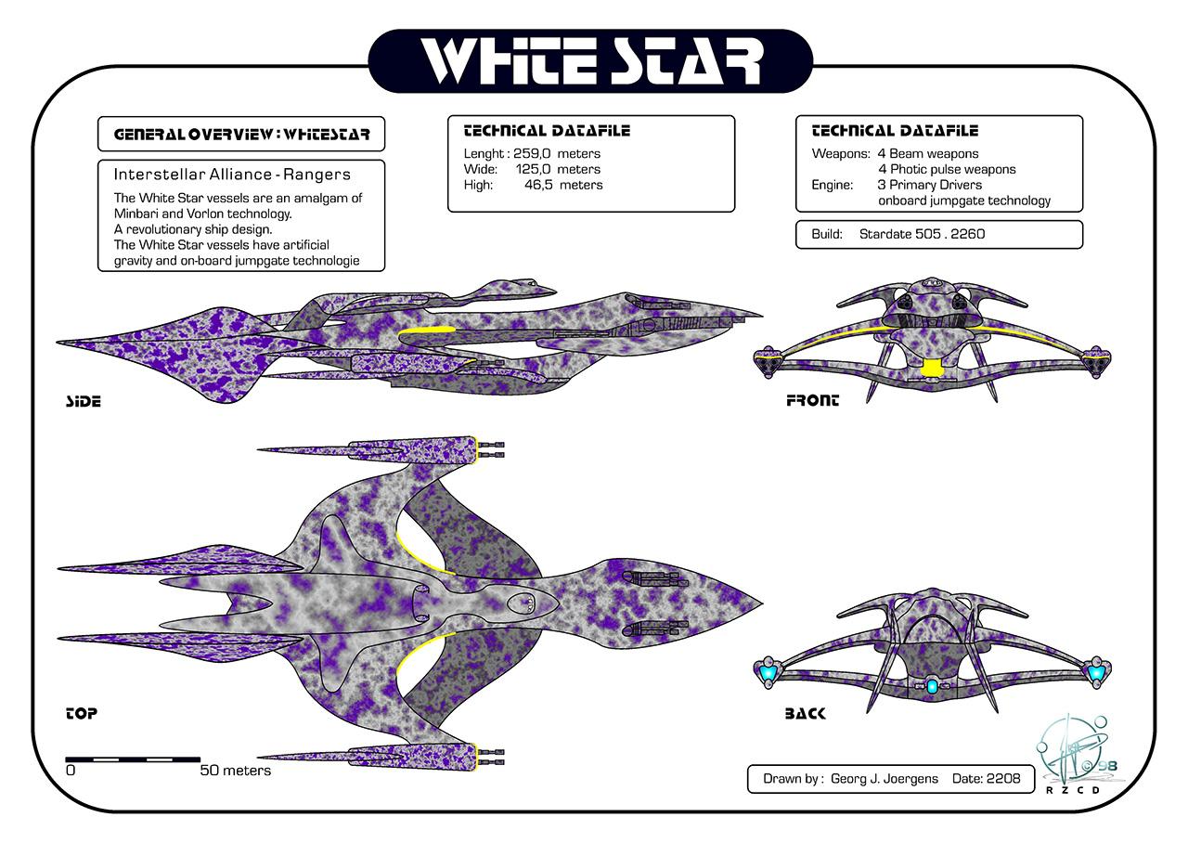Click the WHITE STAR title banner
[x=590, y=61]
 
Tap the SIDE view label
[x=83, y=401]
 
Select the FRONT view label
[x=812, y=400]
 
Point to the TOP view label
[x=82, y=713]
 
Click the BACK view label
[x=805, y=713]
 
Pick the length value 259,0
[x=533, y=153]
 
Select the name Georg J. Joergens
[x=885, y=778]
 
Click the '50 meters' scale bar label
[x=236, y=771]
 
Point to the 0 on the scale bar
[x=71, y=771]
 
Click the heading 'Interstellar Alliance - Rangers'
[x=232, y=174]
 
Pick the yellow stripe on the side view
[x=426, y=331]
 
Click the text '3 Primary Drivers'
[x=929, y=185]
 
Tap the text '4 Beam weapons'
[x=928, y=153]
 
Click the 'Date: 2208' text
[x=986, y=778]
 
